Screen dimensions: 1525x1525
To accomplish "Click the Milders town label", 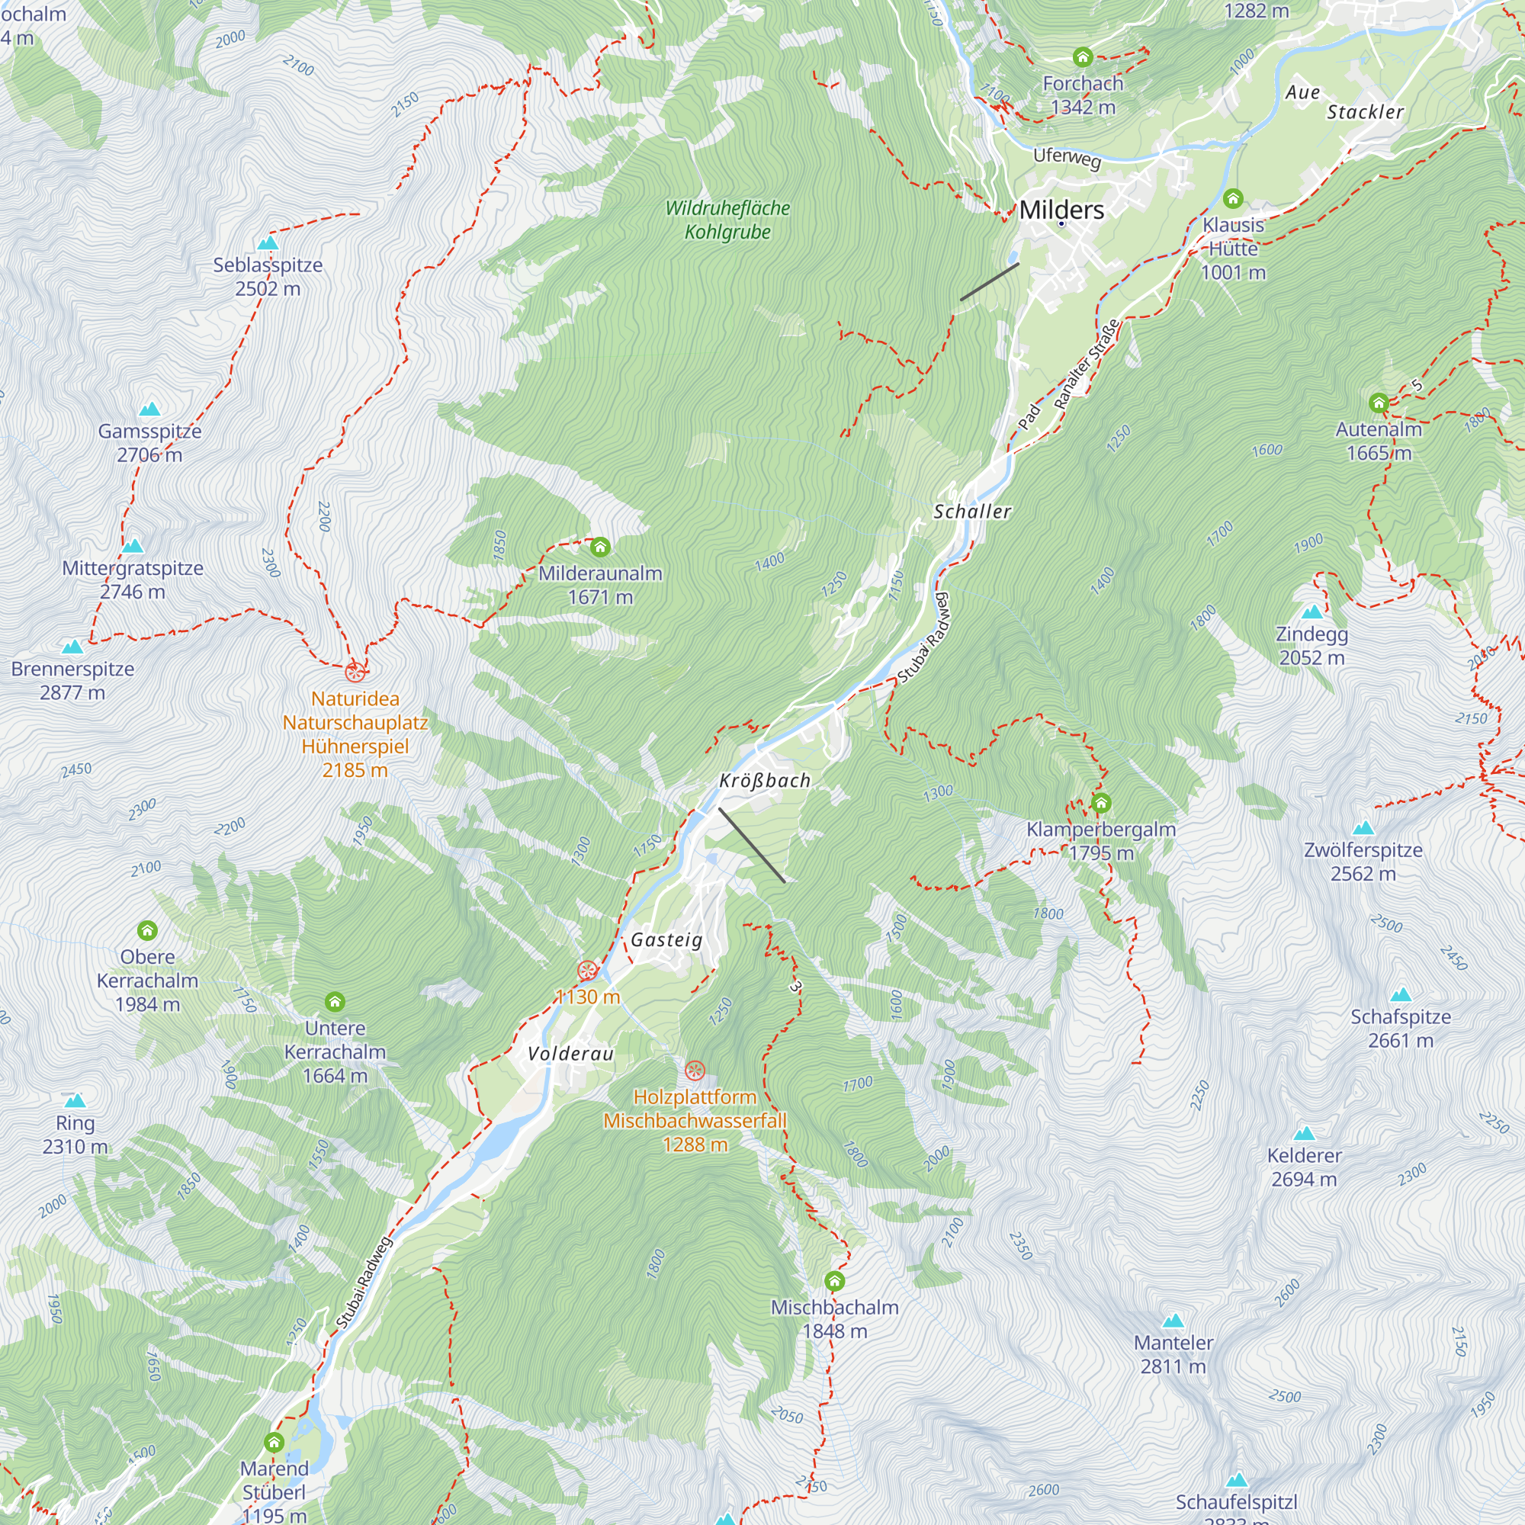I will [x=1061, y=210].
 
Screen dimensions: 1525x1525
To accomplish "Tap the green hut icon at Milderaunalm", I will [x=600, y=546].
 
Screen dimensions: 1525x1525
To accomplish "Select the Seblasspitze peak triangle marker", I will [x=268, y=243].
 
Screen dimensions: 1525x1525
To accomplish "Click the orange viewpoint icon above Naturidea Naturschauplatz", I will [x=355, y=672].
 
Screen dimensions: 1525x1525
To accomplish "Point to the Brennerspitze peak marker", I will [x=72, y=647].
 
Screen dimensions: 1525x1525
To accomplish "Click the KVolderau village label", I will [x=570, y=1054].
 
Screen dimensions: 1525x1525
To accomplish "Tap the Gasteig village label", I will [x=666, y=939].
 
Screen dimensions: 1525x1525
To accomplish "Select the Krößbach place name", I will [x=764, y=781].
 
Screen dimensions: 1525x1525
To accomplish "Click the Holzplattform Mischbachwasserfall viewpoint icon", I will [x=695, y=1071].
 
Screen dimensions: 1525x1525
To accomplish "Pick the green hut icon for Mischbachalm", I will [x=834, y=1280].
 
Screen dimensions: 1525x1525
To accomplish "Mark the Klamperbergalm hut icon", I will [x=1101, y=804].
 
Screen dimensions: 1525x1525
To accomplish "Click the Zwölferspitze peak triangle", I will [x=1363, y=828].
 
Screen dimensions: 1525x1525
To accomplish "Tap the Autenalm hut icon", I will [x=1378, y=403].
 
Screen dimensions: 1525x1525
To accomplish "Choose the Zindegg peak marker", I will [x=1311, y=612].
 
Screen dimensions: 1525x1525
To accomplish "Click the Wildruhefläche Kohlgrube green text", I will [x=727, y=220].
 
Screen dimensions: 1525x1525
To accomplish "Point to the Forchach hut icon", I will [x=1082, y=57].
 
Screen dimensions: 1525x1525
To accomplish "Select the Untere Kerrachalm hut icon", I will [x=335, y=1002].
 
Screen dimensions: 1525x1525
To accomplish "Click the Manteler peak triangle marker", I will [x=1173, y=1321].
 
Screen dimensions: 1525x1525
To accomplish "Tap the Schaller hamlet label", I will [x=971, y=512].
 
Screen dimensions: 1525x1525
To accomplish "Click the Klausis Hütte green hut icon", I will [x=1233, y=198].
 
